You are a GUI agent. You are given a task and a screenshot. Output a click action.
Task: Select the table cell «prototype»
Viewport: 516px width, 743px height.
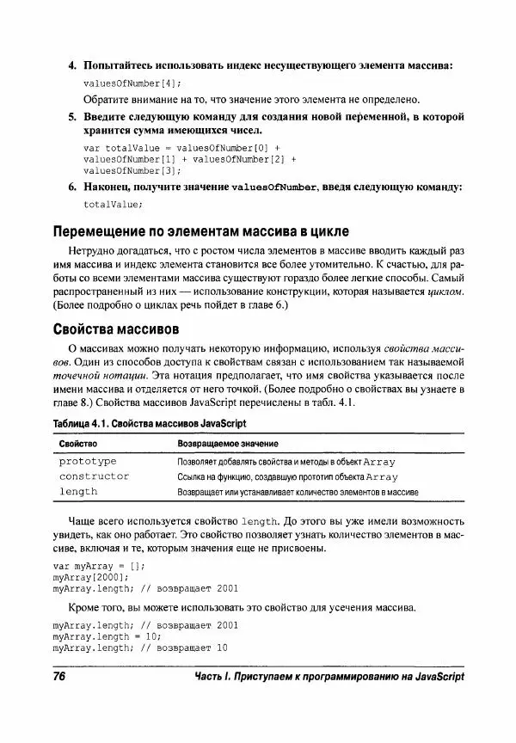(88, 461)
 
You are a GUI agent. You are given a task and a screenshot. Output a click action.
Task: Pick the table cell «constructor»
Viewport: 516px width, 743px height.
(94, 476)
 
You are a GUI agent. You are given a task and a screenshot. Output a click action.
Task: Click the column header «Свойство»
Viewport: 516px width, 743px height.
(77, 443)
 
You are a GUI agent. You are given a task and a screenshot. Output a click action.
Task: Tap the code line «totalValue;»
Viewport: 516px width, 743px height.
(113, 204)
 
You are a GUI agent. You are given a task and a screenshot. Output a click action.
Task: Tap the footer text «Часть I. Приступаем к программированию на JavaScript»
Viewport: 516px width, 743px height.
(329, 677)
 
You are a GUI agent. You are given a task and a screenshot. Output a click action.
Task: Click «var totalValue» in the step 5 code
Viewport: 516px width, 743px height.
(118, 147)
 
